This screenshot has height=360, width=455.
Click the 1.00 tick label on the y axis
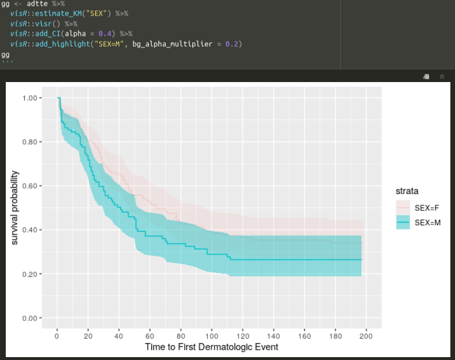click(x=31, y=98)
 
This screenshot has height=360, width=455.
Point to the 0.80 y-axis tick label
click(x=31, y=142)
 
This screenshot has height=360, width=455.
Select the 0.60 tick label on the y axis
click(x=31, y=186)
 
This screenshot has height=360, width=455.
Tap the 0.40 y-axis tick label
click(x=31, y=230)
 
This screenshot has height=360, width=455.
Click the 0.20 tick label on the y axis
click(x=31, y=274)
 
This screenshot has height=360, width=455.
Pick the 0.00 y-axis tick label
click(x=31, y=318)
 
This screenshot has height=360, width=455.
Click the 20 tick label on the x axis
click(x=88, y=336)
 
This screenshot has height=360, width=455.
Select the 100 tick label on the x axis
click(x=212, y=336)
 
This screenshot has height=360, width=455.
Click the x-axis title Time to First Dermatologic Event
click(x=212, y=347)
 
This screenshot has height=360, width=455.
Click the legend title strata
click(x=406, y=191)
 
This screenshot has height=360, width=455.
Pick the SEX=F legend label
click(x=428, y=207)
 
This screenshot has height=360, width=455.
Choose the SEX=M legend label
click(x=428, y=222)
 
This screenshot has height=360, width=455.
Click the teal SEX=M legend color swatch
click(x=403, y=222)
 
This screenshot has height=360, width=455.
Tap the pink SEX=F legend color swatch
click(x=403, y=207)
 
